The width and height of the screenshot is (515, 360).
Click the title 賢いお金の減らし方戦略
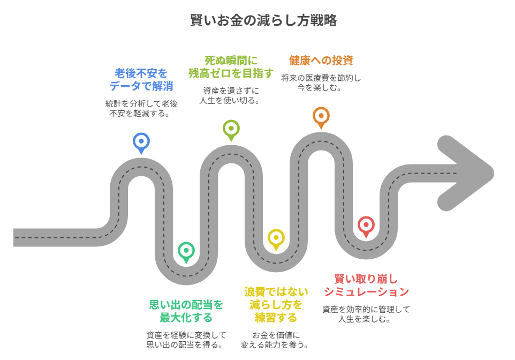(x=263, y=21)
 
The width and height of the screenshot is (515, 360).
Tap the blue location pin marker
(x=141, y=141)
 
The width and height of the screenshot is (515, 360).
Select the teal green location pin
(x=186, y=250)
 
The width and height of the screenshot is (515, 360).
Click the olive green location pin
(x=231, y=129)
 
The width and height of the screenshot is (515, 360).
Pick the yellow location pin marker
(x=276, y=237)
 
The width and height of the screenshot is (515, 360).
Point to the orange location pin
(x=321, y=116)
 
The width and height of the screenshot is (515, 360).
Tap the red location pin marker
(x=366, y=224)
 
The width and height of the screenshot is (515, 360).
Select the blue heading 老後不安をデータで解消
(x=141, y=79)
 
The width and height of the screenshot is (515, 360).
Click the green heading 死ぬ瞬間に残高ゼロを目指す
(x=231, y=66)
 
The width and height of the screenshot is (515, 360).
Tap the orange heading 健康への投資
(x=321, y=60)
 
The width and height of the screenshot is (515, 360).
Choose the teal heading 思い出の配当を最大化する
(x=186, y=311)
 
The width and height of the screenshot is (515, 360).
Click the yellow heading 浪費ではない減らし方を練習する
(x=276, y=304)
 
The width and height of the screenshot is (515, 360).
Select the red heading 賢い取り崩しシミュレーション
(x=366, y=285)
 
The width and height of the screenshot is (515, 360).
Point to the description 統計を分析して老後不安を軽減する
(x=141, y=108)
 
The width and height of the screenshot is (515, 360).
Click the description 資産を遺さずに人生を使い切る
(x=230, y=95)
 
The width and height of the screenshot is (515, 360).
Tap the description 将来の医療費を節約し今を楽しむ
(x=321, y=82)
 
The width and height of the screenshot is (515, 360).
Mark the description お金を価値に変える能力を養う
(x=276, y=340)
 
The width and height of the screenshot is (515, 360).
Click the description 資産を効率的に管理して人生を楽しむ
(x=366, y=314)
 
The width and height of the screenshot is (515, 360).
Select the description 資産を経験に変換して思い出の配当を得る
(x=186, y=340)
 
